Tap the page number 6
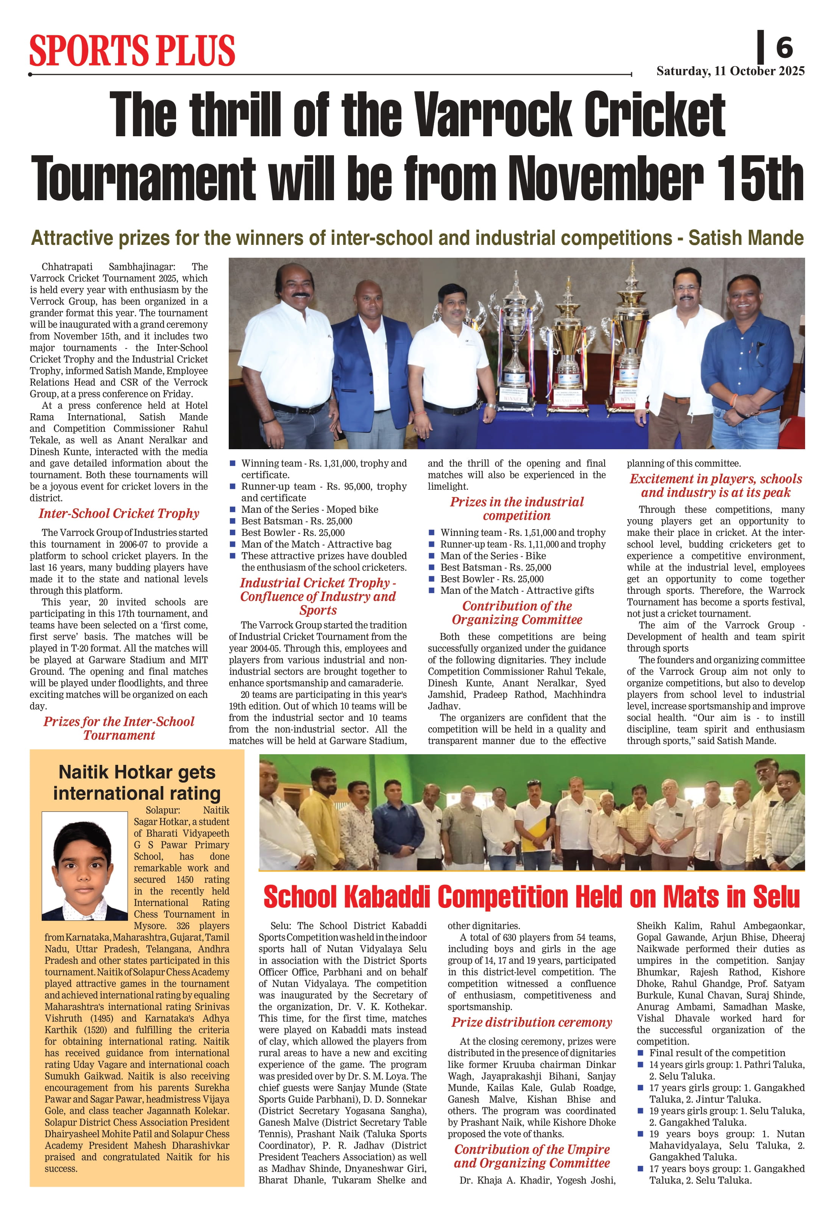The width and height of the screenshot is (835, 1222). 783,47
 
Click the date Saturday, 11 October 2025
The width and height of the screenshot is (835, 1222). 730,71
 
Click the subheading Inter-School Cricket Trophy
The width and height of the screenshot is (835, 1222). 119,514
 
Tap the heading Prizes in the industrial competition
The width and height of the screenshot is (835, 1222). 517,509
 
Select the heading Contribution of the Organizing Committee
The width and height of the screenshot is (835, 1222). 517,613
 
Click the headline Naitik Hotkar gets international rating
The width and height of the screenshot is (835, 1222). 137,782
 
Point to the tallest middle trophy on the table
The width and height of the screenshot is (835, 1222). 568,342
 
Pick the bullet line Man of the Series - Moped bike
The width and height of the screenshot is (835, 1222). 309,509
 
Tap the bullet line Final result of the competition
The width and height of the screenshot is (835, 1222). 716,1053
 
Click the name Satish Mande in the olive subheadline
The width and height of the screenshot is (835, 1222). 746,238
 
